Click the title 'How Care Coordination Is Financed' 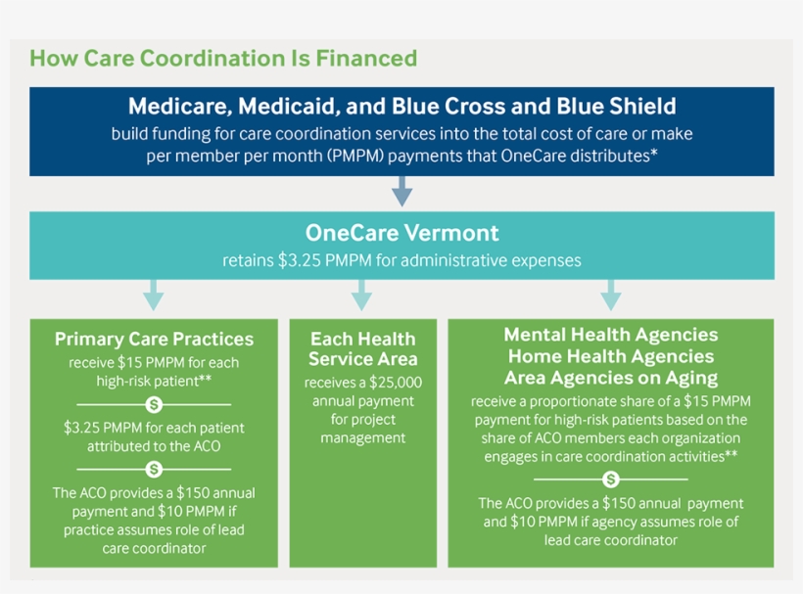click(223, 59)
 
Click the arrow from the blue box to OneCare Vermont click(401, 192)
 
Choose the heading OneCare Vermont click(401, 233)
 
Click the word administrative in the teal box click(440, 260)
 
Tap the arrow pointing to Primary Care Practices click(153, 295)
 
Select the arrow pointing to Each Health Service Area click(361, 295)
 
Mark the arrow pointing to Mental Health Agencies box click(610, 295)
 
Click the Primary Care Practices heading click(154, 340)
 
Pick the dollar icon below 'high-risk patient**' click(154, 403)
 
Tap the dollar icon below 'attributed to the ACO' click(154, 469)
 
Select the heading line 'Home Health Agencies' click(610, 356)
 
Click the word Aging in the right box click(689, 378)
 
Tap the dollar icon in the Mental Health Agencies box click(610, 480)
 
